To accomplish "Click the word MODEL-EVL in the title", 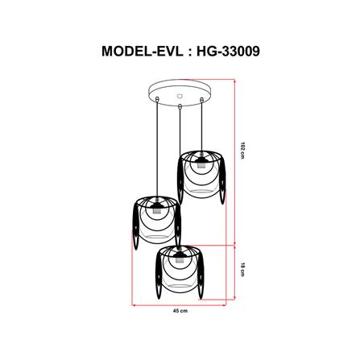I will pyautogui.click(x=142, y=51).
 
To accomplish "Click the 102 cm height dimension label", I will pyautogui.click(x=242, y=148).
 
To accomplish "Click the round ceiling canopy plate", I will pyautogui.click(x=180, y=92).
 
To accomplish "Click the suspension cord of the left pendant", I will pyautogui.click(x=151, y=153).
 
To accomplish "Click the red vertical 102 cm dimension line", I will pyautogui.click(x=234, y=161).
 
